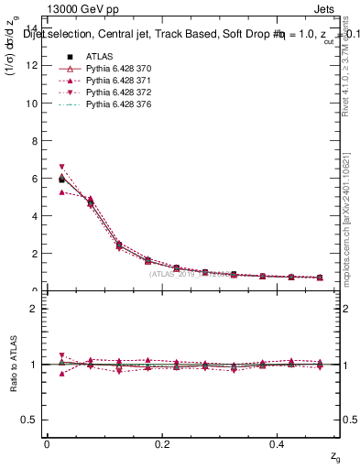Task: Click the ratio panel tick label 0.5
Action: click(x=31, y=420)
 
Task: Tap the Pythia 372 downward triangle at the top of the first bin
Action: click(x=61, y=167)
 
